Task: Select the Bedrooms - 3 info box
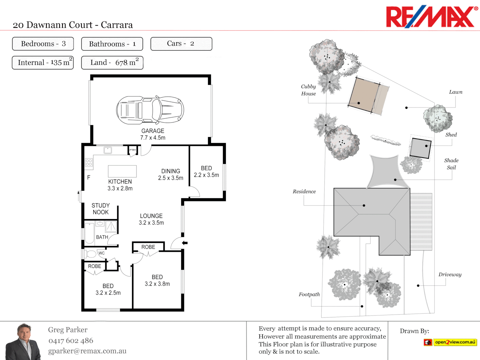tap(43, 44)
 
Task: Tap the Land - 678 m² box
tap(112, 63)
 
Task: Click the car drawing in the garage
tap(150, 110)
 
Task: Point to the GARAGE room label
tap(153, 131)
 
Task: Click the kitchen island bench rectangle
tap(122, 171)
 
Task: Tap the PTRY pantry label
tap(133, 150)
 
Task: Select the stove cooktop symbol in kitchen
tap(89, 162)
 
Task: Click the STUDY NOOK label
tap(101, 209)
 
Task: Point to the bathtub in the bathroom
tap(89, 233)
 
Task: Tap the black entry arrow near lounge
tap(185, 243)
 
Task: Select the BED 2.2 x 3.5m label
tap(206, 172)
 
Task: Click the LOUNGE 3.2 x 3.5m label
tap(151, 219)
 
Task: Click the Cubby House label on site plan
tap(308, 90)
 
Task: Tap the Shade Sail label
tap(451, 164)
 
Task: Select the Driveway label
tap(450, 274)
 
